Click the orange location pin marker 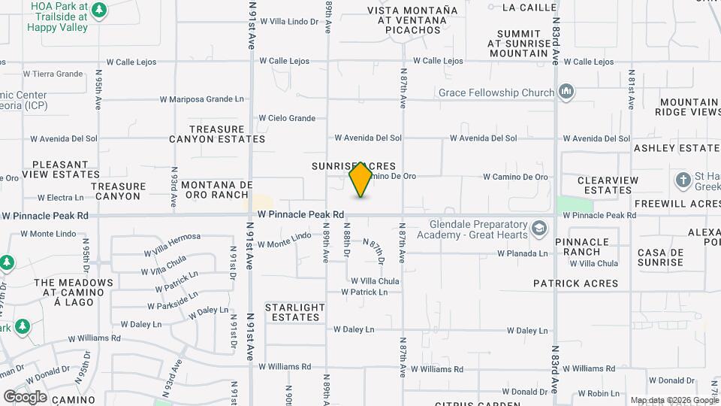(361, 179)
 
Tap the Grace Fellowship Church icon (566, 92)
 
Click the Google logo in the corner (25, 396)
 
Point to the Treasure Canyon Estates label (217, 134)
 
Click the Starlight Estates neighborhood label (295, 312)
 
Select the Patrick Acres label (575, 283)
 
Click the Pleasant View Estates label (61, 169)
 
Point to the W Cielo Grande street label (287, 118)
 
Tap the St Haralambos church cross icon (683, 180)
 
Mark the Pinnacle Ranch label (582, 247)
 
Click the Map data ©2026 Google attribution (674, 400)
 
